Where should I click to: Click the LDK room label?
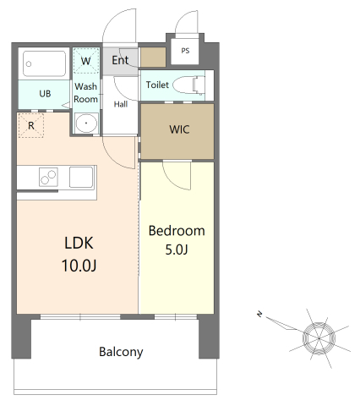pos(79,243)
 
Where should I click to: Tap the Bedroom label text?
pos(177,231)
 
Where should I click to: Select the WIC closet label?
pos(179,129)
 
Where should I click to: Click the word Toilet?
pos(157,85)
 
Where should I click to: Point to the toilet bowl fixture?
pos(188,85)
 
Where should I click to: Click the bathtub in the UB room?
pos(45,63)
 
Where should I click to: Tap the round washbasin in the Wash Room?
pos(86,123)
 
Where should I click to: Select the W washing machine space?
pos(86,61)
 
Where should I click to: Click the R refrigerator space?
pos(31,125)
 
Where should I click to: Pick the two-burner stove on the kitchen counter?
pos(48,177)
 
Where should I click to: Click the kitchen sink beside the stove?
pos(81,177)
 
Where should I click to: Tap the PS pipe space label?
pos(185,51)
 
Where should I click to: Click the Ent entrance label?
pos(120,60)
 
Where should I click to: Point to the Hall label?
pos(121,104)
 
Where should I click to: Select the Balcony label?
pos(121,352)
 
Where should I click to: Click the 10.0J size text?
pos(79,266)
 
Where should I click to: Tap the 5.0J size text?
pos(177,250)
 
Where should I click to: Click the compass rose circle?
pos(319,338)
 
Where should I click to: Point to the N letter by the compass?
pos(259,314)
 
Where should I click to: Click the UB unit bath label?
pos(45,93)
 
